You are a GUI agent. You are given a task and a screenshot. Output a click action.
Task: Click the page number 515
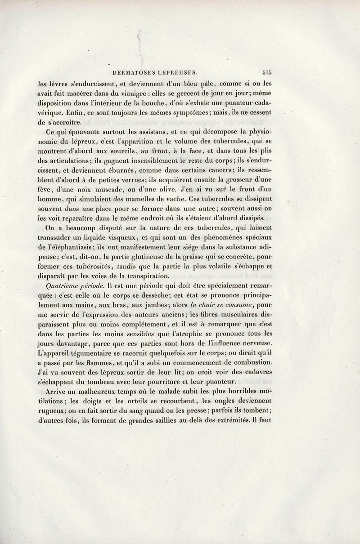pyautogui.click(x=270, y=71)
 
